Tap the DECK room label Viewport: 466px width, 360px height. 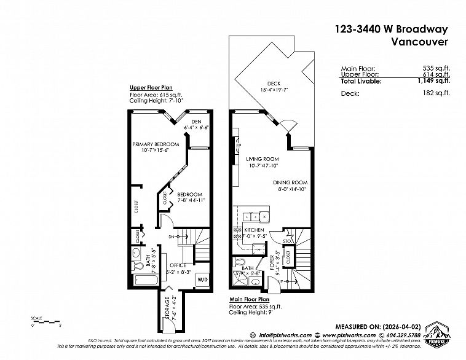pyautogui.click(x=274, y=84)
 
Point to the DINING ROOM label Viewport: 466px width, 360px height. pyautogui.click(x=291, y=183)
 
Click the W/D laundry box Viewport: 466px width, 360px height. pyautogui.click(x=202, y=279)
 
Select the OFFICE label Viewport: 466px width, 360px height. pyautogui.click(x=178, y=265)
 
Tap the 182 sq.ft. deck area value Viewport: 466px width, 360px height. pyautogui.click(x=438, y=93)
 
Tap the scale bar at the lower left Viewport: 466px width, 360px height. pyautogui.click(x=43, y=323)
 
